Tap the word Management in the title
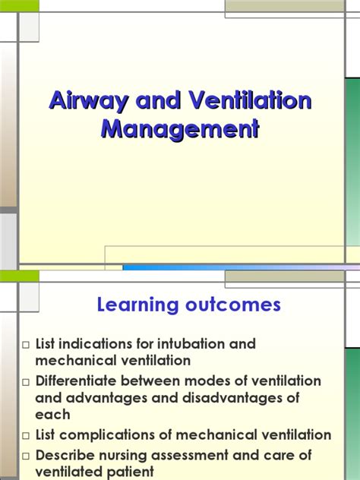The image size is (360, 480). pyautogui.click(x=180, y=129)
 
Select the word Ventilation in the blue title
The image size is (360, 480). pyautogui.click(x=250, y=100)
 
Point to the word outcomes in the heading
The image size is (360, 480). pyautogui.click(x=233, y=305)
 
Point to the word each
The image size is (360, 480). pyautogui.click(x=52, y=415)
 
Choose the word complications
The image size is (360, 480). pyautogui.click(x=113, y=435)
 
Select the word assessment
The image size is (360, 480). pyautogui.click(x=190, y=456)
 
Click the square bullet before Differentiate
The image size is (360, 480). pyautogui.click(x=26, y=382)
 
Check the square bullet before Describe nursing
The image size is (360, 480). pyautogui.click(x=26, y=456)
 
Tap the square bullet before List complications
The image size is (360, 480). pyautogui.click(x=26, y=436)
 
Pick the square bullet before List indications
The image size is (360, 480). pyautogui.click(x=26, y=345)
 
